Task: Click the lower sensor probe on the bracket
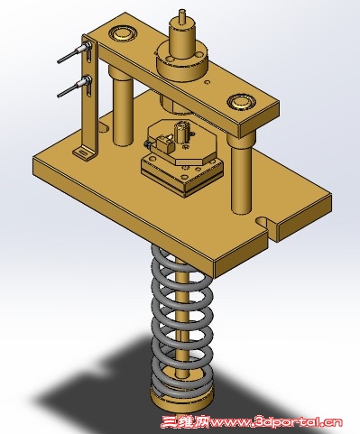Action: [74, 88]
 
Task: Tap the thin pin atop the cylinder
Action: [182, 16]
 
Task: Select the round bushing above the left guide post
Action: [123, 33]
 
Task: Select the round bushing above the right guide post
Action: [241, 102]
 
